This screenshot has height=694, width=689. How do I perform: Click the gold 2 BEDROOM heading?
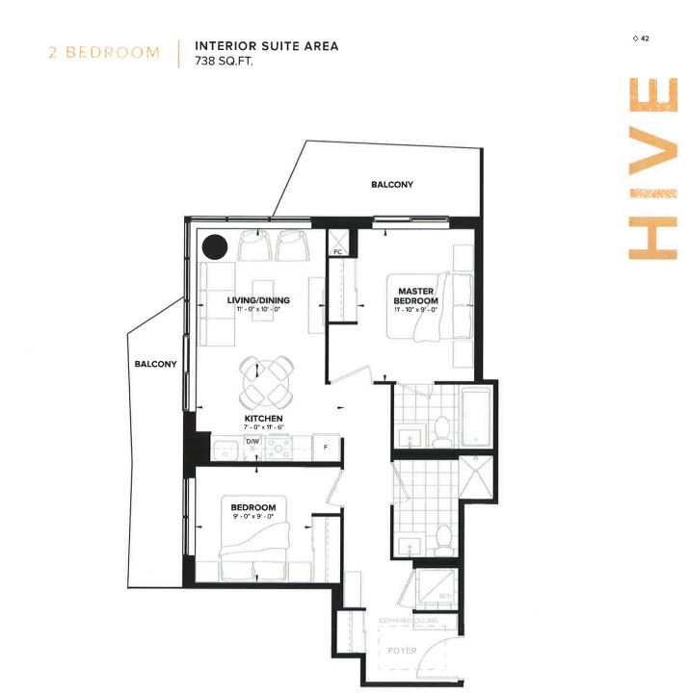(x=104, y=52)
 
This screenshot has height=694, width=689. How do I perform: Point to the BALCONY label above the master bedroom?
(x=392, y=185)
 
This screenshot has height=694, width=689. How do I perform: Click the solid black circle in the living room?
(x=215, y=246)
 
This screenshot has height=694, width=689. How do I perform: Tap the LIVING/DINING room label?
(x=258, y=300)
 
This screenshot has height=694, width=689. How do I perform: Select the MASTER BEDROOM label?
(x=415, y=296)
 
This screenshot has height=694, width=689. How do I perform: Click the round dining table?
(x=267, y=382)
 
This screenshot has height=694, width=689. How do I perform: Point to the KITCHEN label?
(x=262, y=419)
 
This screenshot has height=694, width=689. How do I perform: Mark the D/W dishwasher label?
(x=252, y=442)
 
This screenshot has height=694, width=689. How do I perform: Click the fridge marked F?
(x=326, y=448)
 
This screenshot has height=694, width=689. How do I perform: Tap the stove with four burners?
(x=278, y=447)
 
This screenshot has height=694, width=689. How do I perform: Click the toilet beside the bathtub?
(x=441, y=433)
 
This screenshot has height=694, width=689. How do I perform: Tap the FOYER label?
(x=403, y=651)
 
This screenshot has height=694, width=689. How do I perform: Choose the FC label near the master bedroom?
(x=338, y=252)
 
